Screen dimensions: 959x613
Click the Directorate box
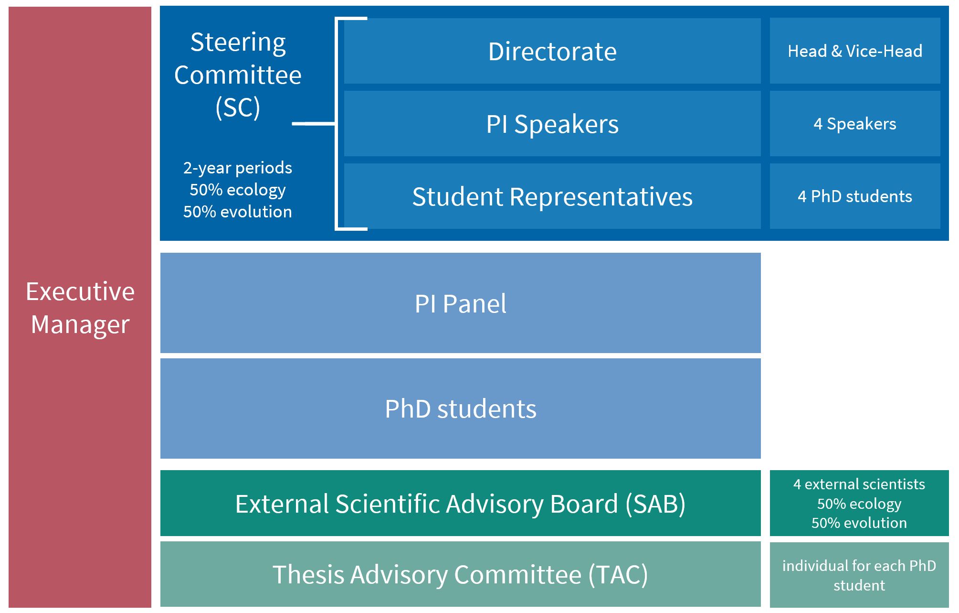[552, 51]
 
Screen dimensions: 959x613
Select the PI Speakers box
[552, 124]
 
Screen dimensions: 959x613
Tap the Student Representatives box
[552, 196]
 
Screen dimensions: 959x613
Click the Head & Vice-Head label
[855, 51]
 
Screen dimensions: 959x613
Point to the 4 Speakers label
[855, 124]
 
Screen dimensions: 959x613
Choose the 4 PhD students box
[855, 196]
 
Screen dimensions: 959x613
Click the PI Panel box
[461, 303]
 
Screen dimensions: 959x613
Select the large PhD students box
[461, 409]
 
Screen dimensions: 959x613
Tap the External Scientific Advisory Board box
[461, 503]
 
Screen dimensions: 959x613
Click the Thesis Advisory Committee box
[461, 574]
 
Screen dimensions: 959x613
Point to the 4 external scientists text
[859, 484]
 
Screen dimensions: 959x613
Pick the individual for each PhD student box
[859, 575]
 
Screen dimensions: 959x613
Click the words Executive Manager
[80, 308]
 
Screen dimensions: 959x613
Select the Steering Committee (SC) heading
[238, 75]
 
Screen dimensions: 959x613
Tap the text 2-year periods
[238, 168]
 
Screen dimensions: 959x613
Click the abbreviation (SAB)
[655, 504]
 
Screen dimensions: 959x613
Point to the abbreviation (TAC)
[618, 574]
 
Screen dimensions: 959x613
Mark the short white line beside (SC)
[313, 124]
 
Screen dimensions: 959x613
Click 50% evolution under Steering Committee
[238, 212]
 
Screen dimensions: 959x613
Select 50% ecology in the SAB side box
[859, 504]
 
